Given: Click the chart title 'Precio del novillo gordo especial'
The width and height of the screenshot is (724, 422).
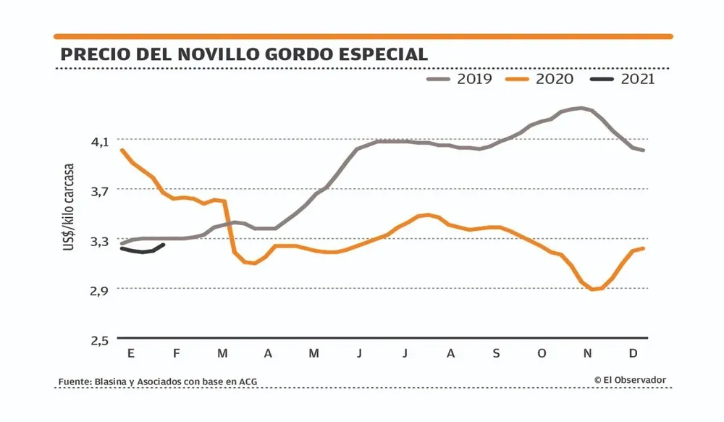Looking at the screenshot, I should click(x=243, y=54).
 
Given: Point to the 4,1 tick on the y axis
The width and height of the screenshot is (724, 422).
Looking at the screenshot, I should click(x=100, y=141).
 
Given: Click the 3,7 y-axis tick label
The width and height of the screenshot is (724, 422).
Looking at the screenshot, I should click(x=100, y=191).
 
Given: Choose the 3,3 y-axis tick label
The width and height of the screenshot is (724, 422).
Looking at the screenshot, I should click(x=100, y=240).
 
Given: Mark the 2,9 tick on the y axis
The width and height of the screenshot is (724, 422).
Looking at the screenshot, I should click(x=100, y=290).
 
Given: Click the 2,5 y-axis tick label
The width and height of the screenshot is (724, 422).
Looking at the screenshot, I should click(x=100, y=339).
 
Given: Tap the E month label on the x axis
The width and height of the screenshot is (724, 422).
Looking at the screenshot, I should click(x=131, y=353).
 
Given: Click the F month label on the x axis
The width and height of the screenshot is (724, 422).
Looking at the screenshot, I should click(x=177, y=353).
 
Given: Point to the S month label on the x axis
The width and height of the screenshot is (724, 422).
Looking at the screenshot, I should click(x=496, y=353).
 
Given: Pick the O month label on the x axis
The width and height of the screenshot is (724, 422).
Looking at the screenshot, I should click(x=542, y=353).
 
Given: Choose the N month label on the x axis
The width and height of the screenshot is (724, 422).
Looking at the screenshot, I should click(x=588, y=353).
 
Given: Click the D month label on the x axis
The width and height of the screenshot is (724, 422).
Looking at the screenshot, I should click(x=633, y=353).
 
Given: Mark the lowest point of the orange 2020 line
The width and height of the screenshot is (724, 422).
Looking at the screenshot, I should click(x=593, y=290).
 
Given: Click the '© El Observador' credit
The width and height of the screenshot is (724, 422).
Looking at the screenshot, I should click(x=630, y=380).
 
